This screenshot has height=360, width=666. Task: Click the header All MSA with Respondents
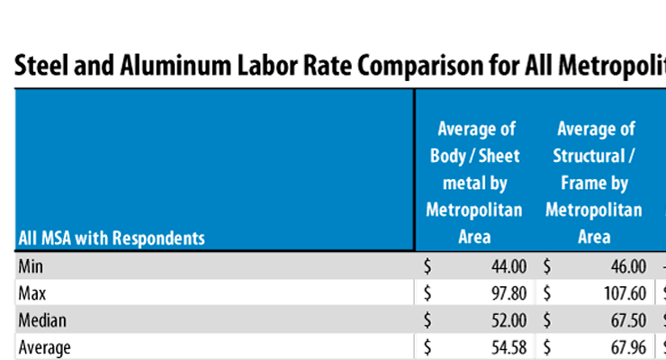(111, 238)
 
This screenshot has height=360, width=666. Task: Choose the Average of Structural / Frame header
(594, 183)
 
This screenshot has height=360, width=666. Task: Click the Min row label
(31, 266)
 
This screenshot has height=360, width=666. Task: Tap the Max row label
(32, 293)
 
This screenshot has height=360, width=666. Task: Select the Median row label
(42, 319)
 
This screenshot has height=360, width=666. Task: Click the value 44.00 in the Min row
(508, 266)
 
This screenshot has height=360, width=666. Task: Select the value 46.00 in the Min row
(627, 266)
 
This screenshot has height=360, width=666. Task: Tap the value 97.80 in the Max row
(508, 293)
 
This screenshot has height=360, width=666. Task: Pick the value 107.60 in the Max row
(623, 293)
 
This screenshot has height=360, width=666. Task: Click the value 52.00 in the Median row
(508, 319)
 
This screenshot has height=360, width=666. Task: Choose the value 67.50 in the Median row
(627, 319)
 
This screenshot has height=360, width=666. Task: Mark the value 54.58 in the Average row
(508, 346)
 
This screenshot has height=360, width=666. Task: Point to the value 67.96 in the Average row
(627, 346)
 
